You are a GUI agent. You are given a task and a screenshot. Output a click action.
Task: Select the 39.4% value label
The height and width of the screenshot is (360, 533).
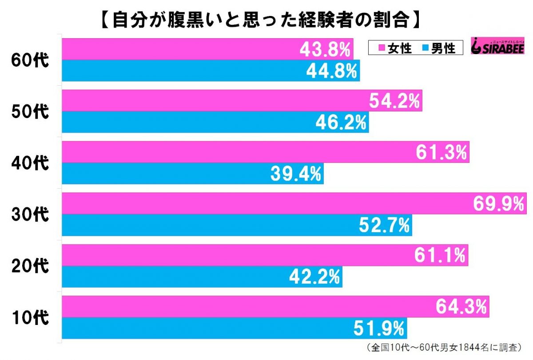coord(295,174)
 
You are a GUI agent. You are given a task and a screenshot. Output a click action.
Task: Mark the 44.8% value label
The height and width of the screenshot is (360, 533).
coord(332,71)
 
